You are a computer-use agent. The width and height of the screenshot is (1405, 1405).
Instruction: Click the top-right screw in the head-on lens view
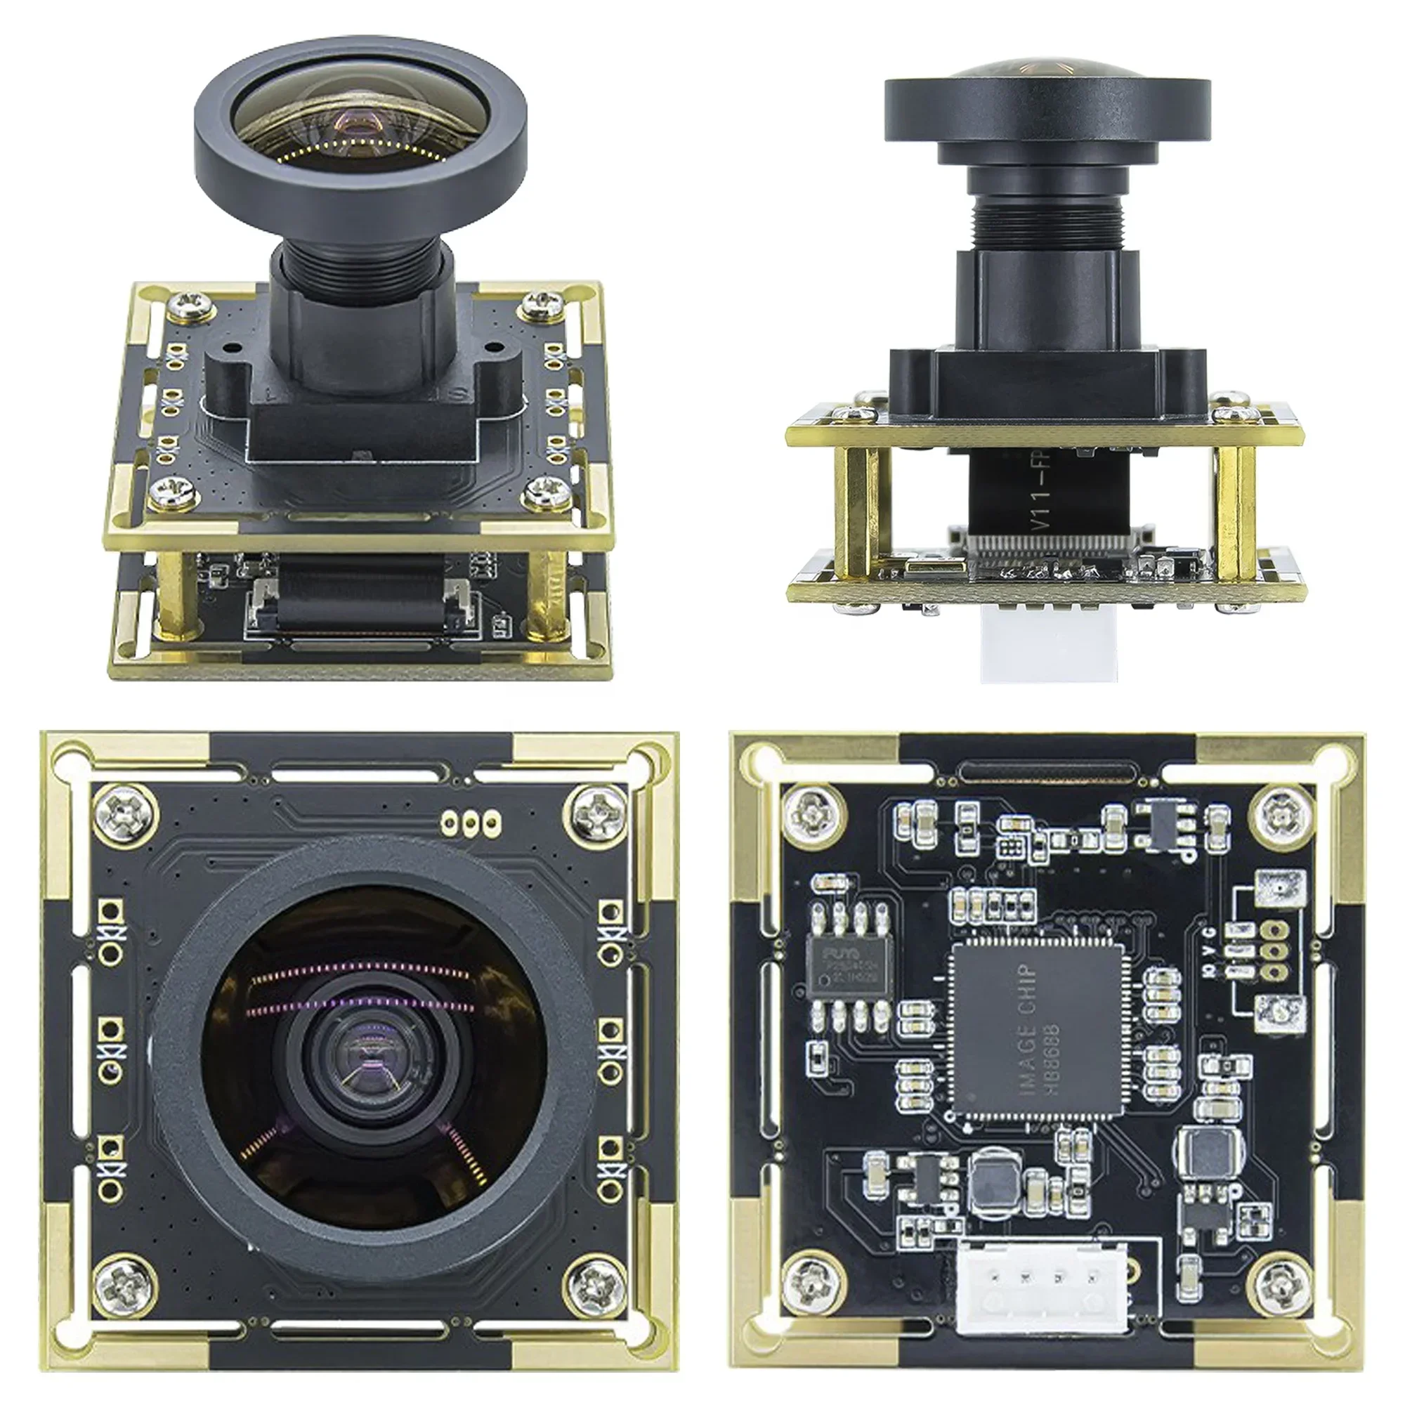[x=598, y=812]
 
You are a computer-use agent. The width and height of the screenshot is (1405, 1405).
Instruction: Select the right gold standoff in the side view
[x=1235, y=516]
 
